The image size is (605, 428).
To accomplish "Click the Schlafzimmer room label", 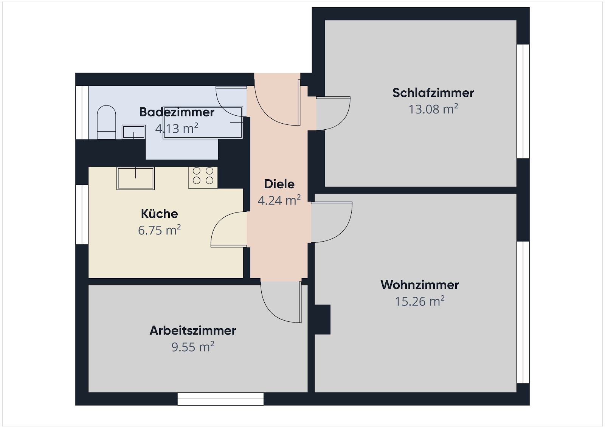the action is (x=433, y=93).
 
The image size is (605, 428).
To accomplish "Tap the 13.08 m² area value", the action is (x=433, y=109).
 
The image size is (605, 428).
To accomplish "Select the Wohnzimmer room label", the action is (x=420, y=285).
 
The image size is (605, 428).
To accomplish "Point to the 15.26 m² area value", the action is (x=420, y=301).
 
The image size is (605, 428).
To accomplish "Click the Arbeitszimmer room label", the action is (x=193, y=330).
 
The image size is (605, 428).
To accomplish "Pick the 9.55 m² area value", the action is (x=193, y=347).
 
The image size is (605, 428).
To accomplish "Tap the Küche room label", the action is (x=159, y=214).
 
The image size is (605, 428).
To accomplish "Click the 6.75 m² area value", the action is (x=159, y=230).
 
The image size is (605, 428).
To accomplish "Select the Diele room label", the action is (x=279, y=184).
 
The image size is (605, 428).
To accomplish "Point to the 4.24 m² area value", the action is (x=279, y=200).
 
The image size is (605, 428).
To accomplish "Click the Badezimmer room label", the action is (x=177, y=112).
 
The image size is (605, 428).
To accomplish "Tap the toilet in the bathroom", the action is (x=106, y=122).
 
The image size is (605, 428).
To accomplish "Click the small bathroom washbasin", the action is (x=134, y=132).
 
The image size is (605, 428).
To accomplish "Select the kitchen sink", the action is (x=136, y=178).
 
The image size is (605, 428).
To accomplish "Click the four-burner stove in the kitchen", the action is (x=203, y=177).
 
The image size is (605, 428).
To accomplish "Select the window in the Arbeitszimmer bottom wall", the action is (x=220, y=399).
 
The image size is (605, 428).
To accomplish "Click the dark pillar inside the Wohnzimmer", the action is (x=323, y=320).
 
